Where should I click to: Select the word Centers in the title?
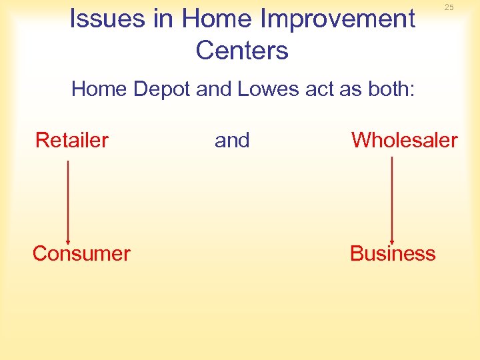tap(242, 50)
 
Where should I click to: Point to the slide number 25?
tap(449, 7)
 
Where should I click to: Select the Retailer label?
tap(72, 140)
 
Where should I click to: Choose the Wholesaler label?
tap(404, 140)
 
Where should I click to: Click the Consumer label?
tap(81, 253)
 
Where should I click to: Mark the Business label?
tap(393, 253)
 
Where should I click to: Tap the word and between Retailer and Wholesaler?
tap(232, 140)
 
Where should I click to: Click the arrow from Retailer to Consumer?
tap(68, 200)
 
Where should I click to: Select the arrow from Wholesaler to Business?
tap(391, 200)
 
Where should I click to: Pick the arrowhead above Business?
tap(391, 240)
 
